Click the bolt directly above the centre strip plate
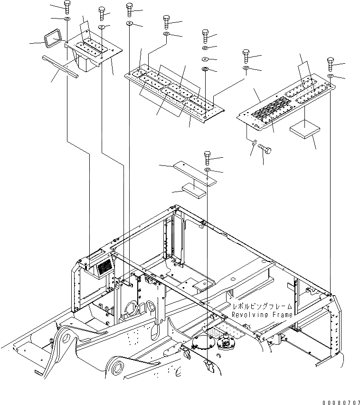click(207, 156)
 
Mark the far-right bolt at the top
click(331, 63)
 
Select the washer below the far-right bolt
click(331, 76)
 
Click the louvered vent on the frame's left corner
click(104, 268)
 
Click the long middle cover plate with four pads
click(173, 90)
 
